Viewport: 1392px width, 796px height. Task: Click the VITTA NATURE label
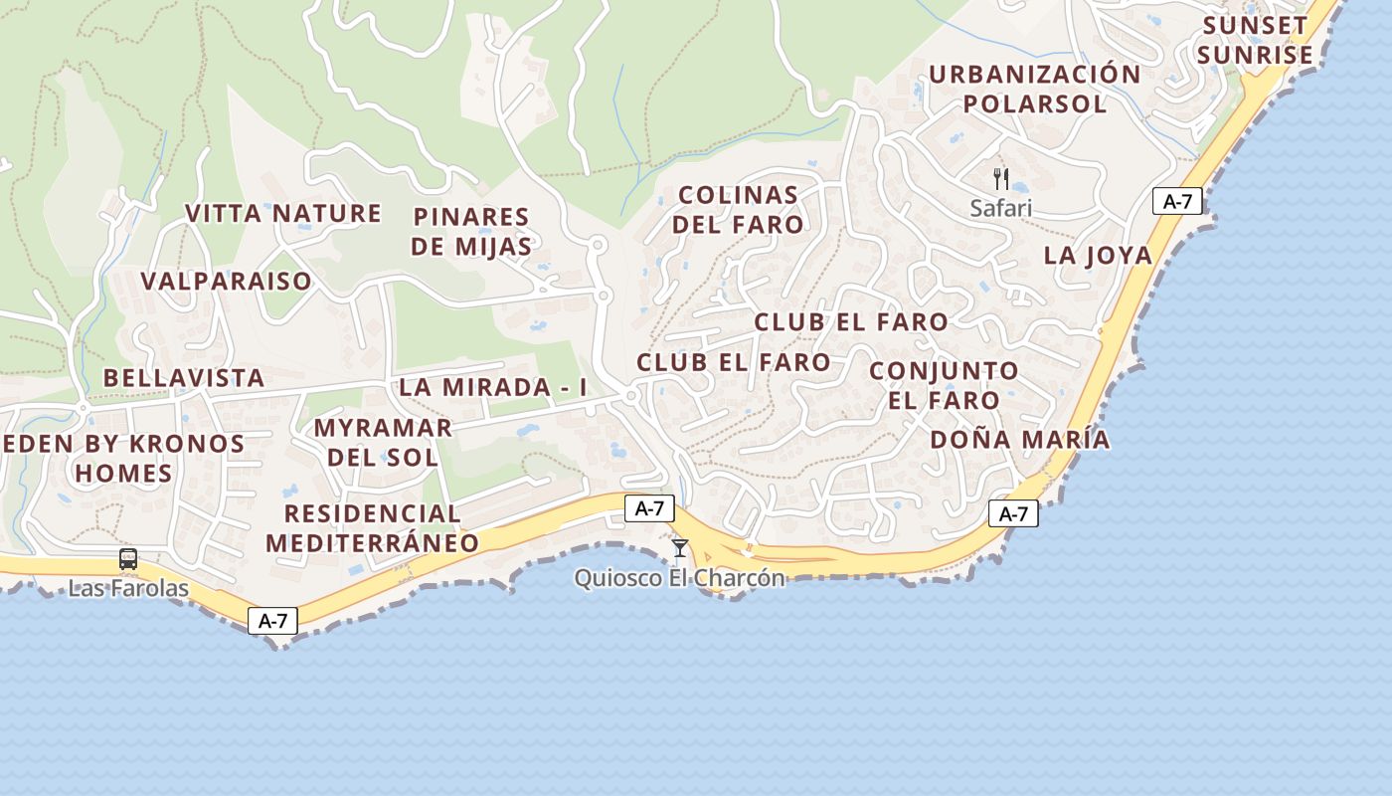tap(283, 214)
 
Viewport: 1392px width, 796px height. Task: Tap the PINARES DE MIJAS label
tap(471, 231)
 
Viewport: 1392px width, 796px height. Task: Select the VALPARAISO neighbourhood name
tap(227, 282)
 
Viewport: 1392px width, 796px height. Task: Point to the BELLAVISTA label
tap(184, 378)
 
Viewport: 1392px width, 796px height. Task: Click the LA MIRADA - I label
tap(493, 388)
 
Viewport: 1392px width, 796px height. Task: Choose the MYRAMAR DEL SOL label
tap(383, 443)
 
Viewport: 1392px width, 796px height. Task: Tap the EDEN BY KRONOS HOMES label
tap(124, 458)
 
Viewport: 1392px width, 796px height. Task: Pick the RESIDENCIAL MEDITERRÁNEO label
tap(372, 528)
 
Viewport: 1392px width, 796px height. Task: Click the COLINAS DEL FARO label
tap(738, 209)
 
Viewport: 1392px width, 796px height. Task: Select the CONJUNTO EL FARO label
tap(944, 386)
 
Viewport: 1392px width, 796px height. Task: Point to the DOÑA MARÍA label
tap(1020, 440)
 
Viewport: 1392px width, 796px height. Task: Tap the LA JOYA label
tap(1098, 256)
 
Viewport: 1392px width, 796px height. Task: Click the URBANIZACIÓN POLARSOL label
tap(1034, 89)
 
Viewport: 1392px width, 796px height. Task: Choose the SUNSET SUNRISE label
tap(1256, 40)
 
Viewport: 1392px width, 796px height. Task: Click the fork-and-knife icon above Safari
tap(1001, 179)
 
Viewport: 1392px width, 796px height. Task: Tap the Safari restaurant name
tap(1001, 208)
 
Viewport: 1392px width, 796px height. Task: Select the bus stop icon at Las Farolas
tap(128, 559)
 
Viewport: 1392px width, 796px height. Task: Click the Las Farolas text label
tap(128, 588)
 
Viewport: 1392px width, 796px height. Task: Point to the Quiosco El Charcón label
tap(680, 578)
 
